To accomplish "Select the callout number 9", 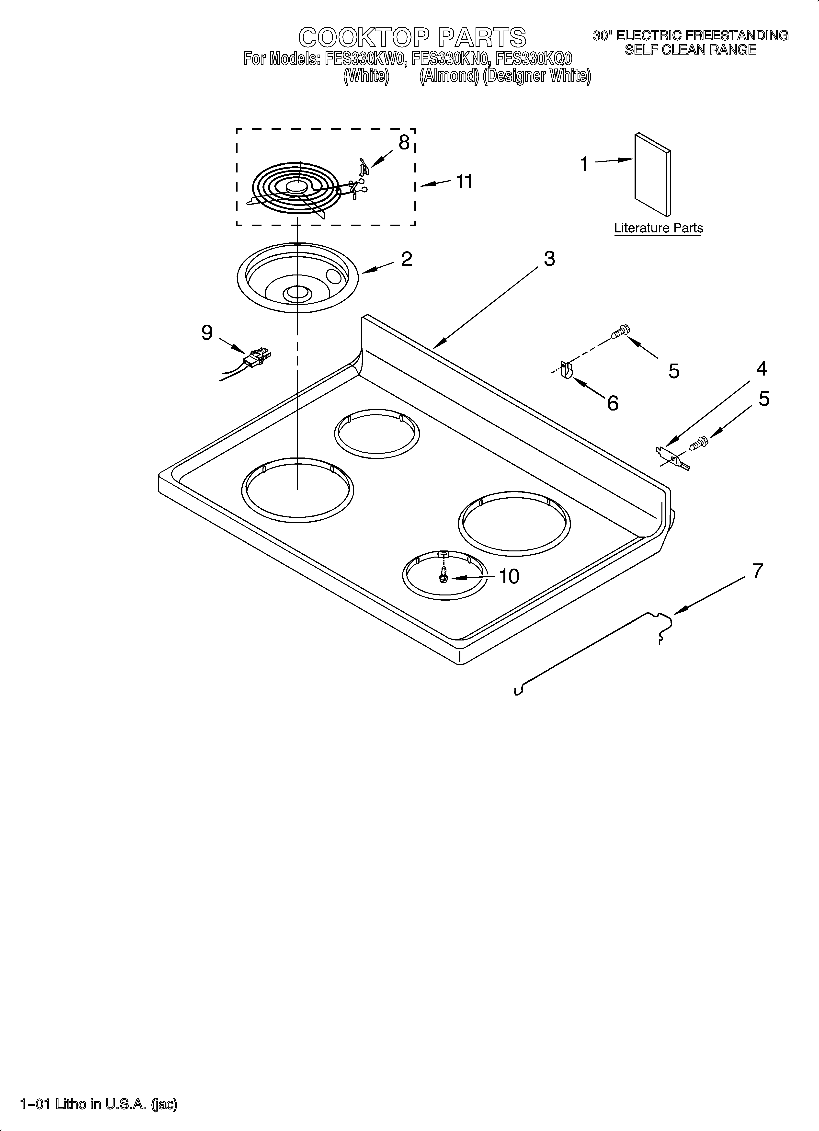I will coord(207,333).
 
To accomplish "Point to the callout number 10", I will coord(509,576).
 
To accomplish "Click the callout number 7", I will coord(757,571).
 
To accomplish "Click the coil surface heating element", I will coord(294,190).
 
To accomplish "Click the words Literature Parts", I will coord(658,228).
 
